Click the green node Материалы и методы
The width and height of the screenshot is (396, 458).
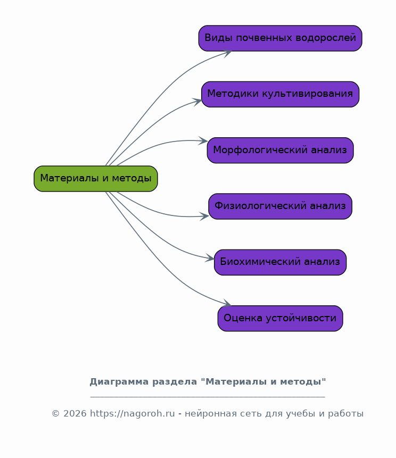click(96, 179)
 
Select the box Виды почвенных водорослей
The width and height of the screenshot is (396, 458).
click(280, 38)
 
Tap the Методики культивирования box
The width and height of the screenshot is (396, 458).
click(280, 94)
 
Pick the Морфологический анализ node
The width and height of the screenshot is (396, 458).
click(280, 150)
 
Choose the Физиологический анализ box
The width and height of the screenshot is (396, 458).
click(280, 206)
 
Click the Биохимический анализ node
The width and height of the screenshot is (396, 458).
click(280, 262)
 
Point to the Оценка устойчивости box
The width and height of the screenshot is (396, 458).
click(280, 319)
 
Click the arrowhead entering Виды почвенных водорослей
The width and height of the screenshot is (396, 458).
click(228, 53)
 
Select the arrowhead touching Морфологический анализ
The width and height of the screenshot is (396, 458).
click(203, 141)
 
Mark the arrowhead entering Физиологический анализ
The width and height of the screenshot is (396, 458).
click(204, 216)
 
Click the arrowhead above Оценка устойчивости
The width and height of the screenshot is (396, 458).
click(227, 303)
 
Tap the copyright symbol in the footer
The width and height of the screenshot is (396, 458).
click(55, 414)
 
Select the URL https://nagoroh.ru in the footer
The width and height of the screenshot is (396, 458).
click(133, 414)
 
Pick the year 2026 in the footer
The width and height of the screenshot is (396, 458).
click(75, 414)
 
